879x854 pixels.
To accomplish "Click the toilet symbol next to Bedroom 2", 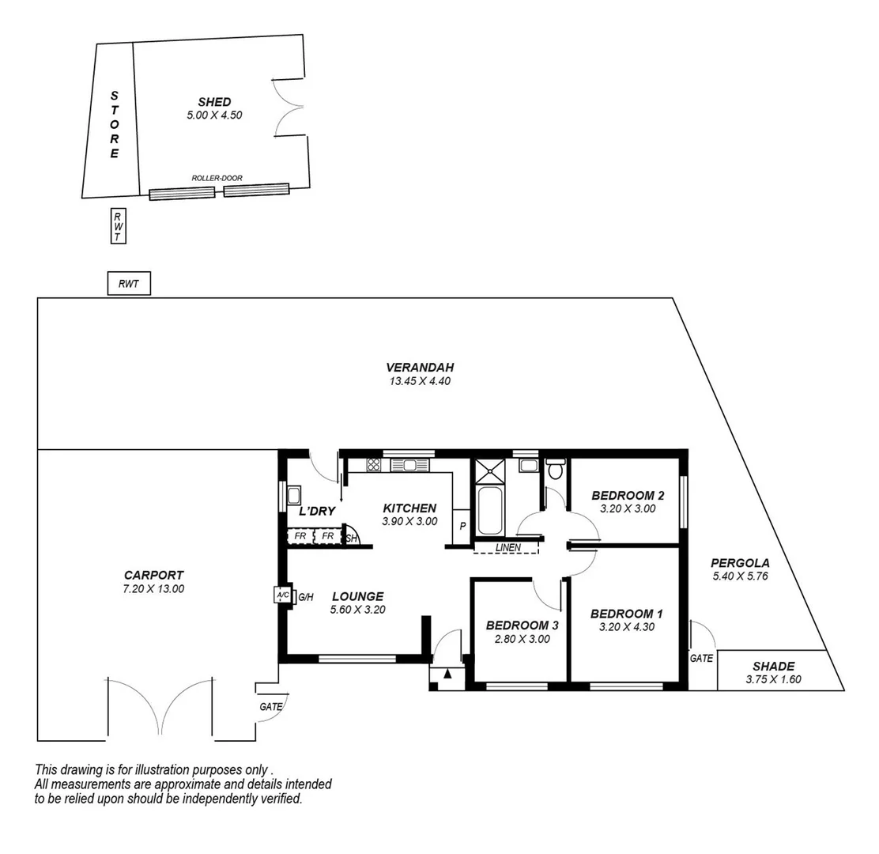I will pyautogui.click(x=556, y=469).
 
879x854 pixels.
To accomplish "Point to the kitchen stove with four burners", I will pyautogui.click(x=374, y=465).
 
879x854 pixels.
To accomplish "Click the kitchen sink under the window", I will pyautogui.click(x=409, y=465).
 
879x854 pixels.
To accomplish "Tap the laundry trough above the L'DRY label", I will pyautogui.click(x=293, y=496).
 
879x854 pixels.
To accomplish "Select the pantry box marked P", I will pyautogui.click(x=461, y=525).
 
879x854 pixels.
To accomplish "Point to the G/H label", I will pyautogui.click(x=306, y=597).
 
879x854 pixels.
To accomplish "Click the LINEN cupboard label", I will pyautogui.click(x=507, y=547).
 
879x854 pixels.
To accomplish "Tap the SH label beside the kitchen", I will pyautogui.click(x=352, y=539).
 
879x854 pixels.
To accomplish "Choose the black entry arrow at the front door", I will pyautogui.click(x=448, y=674).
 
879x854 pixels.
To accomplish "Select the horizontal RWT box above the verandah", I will pyautogui.click(x=128, y=284).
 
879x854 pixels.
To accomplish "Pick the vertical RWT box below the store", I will pyautogui.click(x=118, y=226).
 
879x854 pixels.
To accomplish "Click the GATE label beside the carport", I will pyautogui.click(x=270, y=706).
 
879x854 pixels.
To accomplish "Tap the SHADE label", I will pyautogui.click(x=773, y=666).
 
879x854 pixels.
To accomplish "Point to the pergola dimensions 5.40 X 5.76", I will pyautogui.click(x=741, y=576).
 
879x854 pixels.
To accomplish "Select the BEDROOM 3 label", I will pyautogui.click(x=522, y=625).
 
